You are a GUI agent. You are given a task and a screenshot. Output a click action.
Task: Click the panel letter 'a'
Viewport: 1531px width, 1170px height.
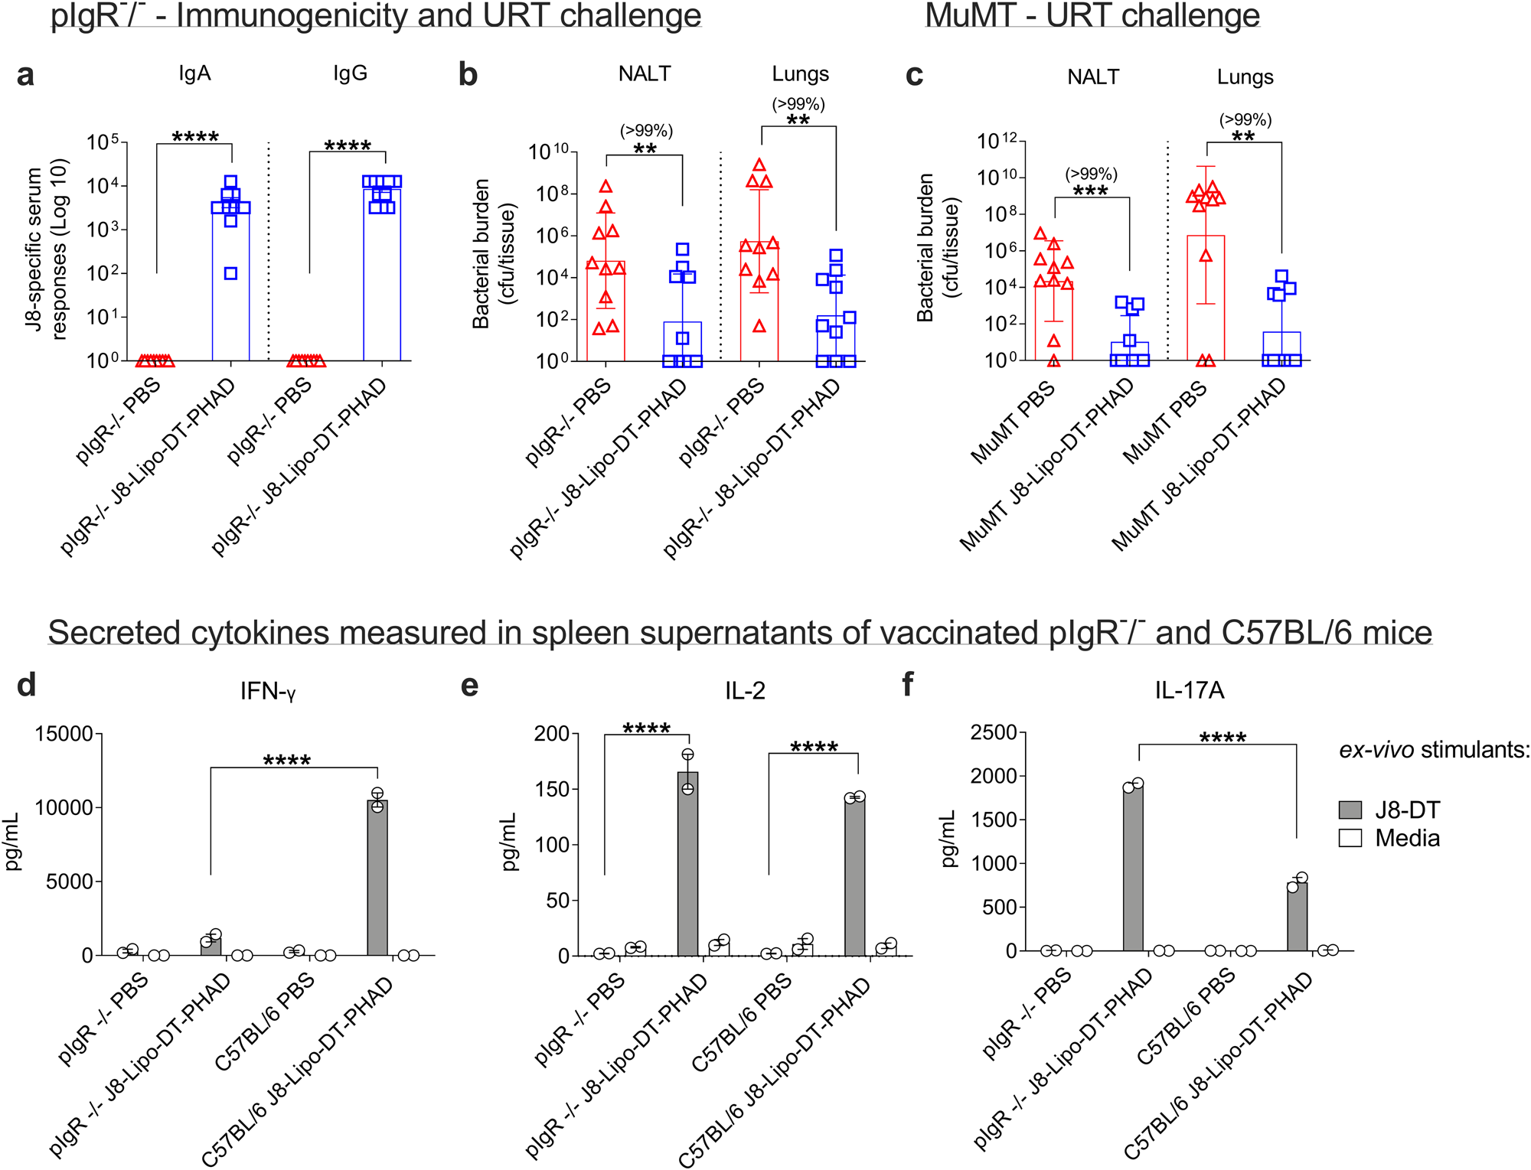pyautogui.click(x=25, y=75)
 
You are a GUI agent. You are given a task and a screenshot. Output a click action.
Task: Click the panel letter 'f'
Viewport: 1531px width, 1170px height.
pyautogui.click(x=909, y=684)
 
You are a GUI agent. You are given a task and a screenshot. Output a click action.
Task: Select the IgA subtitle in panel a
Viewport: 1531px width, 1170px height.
pyautogui.click(x=194, y=73)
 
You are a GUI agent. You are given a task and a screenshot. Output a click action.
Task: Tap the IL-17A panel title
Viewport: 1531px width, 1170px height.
pyautogui.click(x=1189, y=690)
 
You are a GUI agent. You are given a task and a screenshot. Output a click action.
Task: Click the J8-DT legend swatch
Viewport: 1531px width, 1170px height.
pyautogui.click(x=1350, y=810)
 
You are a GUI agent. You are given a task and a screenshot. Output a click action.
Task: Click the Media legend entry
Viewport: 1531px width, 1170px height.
pyautogui.click(x=1406, y=838)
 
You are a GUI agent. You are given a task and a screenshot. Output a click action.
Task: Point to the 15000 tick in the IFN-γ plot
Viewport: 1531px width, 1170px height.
pyautogui.click(x=64, y=734)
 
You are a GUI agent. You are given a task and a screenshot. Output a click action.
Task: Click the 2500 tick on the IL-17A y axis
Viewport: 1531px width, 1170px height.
pyautogui.click(x=993, y=733)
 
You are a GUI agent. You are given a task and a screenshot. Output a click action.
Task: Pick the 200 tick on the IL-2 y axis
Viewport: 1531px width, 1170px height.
pyautogui.click(x=552, y=734)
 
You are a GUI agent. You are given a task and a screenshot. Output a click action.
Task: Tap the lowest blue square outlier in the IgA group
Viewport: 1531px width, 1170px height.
pyautogui.click(x=230, y=273)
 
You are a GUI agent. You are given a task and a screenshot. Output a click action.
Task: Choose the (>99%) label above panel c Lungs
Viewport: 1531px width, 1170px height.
pyautogui.click(x=1245, y=120)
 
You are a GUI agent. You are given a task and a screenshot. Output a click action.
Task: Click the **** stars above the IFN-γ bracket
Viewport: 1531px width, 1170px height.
pyautogui.click(x=286, y=761)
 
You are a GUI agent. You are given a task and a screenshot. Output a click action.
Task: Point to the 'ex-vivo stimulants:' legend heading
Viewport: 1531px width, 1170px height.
pyautogui.click(x=1434, y=750)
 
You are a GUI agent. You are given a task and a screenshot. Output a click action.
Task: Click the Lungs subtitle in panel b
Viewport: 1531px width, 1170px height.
pyautogui.click(x=800, y=74)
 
